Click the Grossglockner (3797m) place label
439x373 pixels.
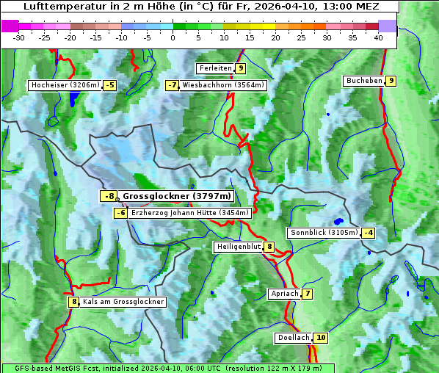click(x=176, y=196)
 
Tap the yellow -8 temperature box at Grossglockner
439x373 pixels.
click(x=109, y=196)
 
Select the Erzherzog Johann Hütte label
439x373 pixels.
click(x=190, y=213)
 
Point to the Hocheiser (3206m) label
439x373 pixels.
click(x=65, y=85)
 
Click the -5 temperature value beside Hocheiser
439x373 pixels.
click(x=109, y=85)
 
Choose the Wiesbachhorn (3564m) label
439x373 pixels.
click(x=223, y=85)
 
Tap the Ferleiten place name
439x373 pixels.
click(x=215, y=68)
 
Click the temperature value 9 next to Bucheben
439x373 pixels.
click(x=391, y=81)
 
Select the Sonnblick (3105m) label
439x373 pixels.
click(x=324, y=233)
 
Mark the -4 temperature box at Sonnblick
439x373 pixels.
click(x=369, y=233)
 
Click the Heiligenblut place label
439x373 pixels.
click(x=238, y=247)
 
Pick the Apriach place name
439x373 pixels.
click(x=284, y=294)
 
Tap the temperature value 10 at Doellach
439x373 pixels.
click(x=320, y=338)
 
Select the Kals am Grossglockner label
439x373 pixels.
click(x=123, y=302)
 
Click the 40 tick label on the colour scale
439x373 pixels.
click(x=378, y=37)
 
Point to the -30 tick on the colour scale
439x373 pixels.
click(x=20, y=37)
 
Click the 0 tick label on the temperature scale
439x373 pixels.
click(x=173, y=37)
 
